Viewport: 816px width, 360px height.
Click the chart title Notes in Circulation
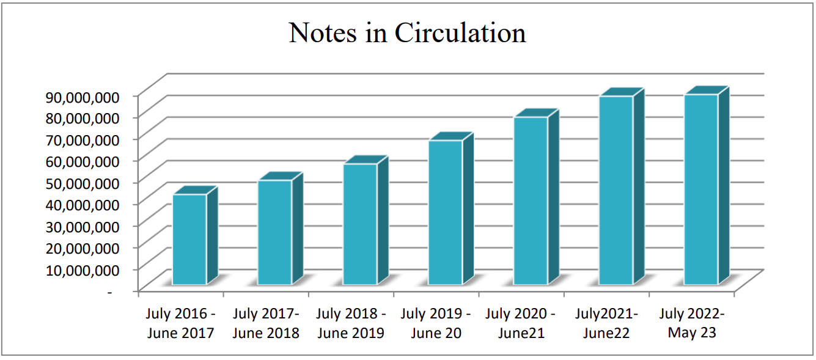407,33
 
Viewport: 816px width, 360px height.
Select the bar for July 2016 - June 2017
189,240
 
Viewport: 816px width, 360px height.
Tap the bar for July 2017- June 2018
274,232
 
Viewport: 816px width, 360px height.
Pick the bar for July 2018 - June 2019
360,224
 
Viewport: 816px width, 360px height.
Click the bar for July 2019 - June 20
445,213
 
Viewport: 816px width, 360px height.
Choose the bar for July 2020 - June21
531,200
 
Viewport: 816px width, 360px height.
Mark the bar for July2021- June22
616,190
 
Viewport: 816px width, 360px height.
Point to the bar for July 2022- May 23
701,189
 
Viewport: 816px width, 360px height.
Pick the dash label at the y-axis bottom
110,292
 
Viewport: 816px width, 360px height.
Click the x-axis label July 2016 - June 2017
180,323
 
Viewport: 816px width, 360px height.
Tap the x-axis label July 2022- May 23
692,323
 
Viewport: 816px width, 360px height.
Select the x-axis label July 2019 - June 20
436,323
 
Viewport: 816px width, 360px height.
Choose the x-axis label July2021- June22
606,323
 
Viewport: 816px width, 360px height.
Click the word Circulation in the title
460,33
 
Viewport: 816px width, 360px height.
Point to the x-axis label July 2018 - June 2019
351,323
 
